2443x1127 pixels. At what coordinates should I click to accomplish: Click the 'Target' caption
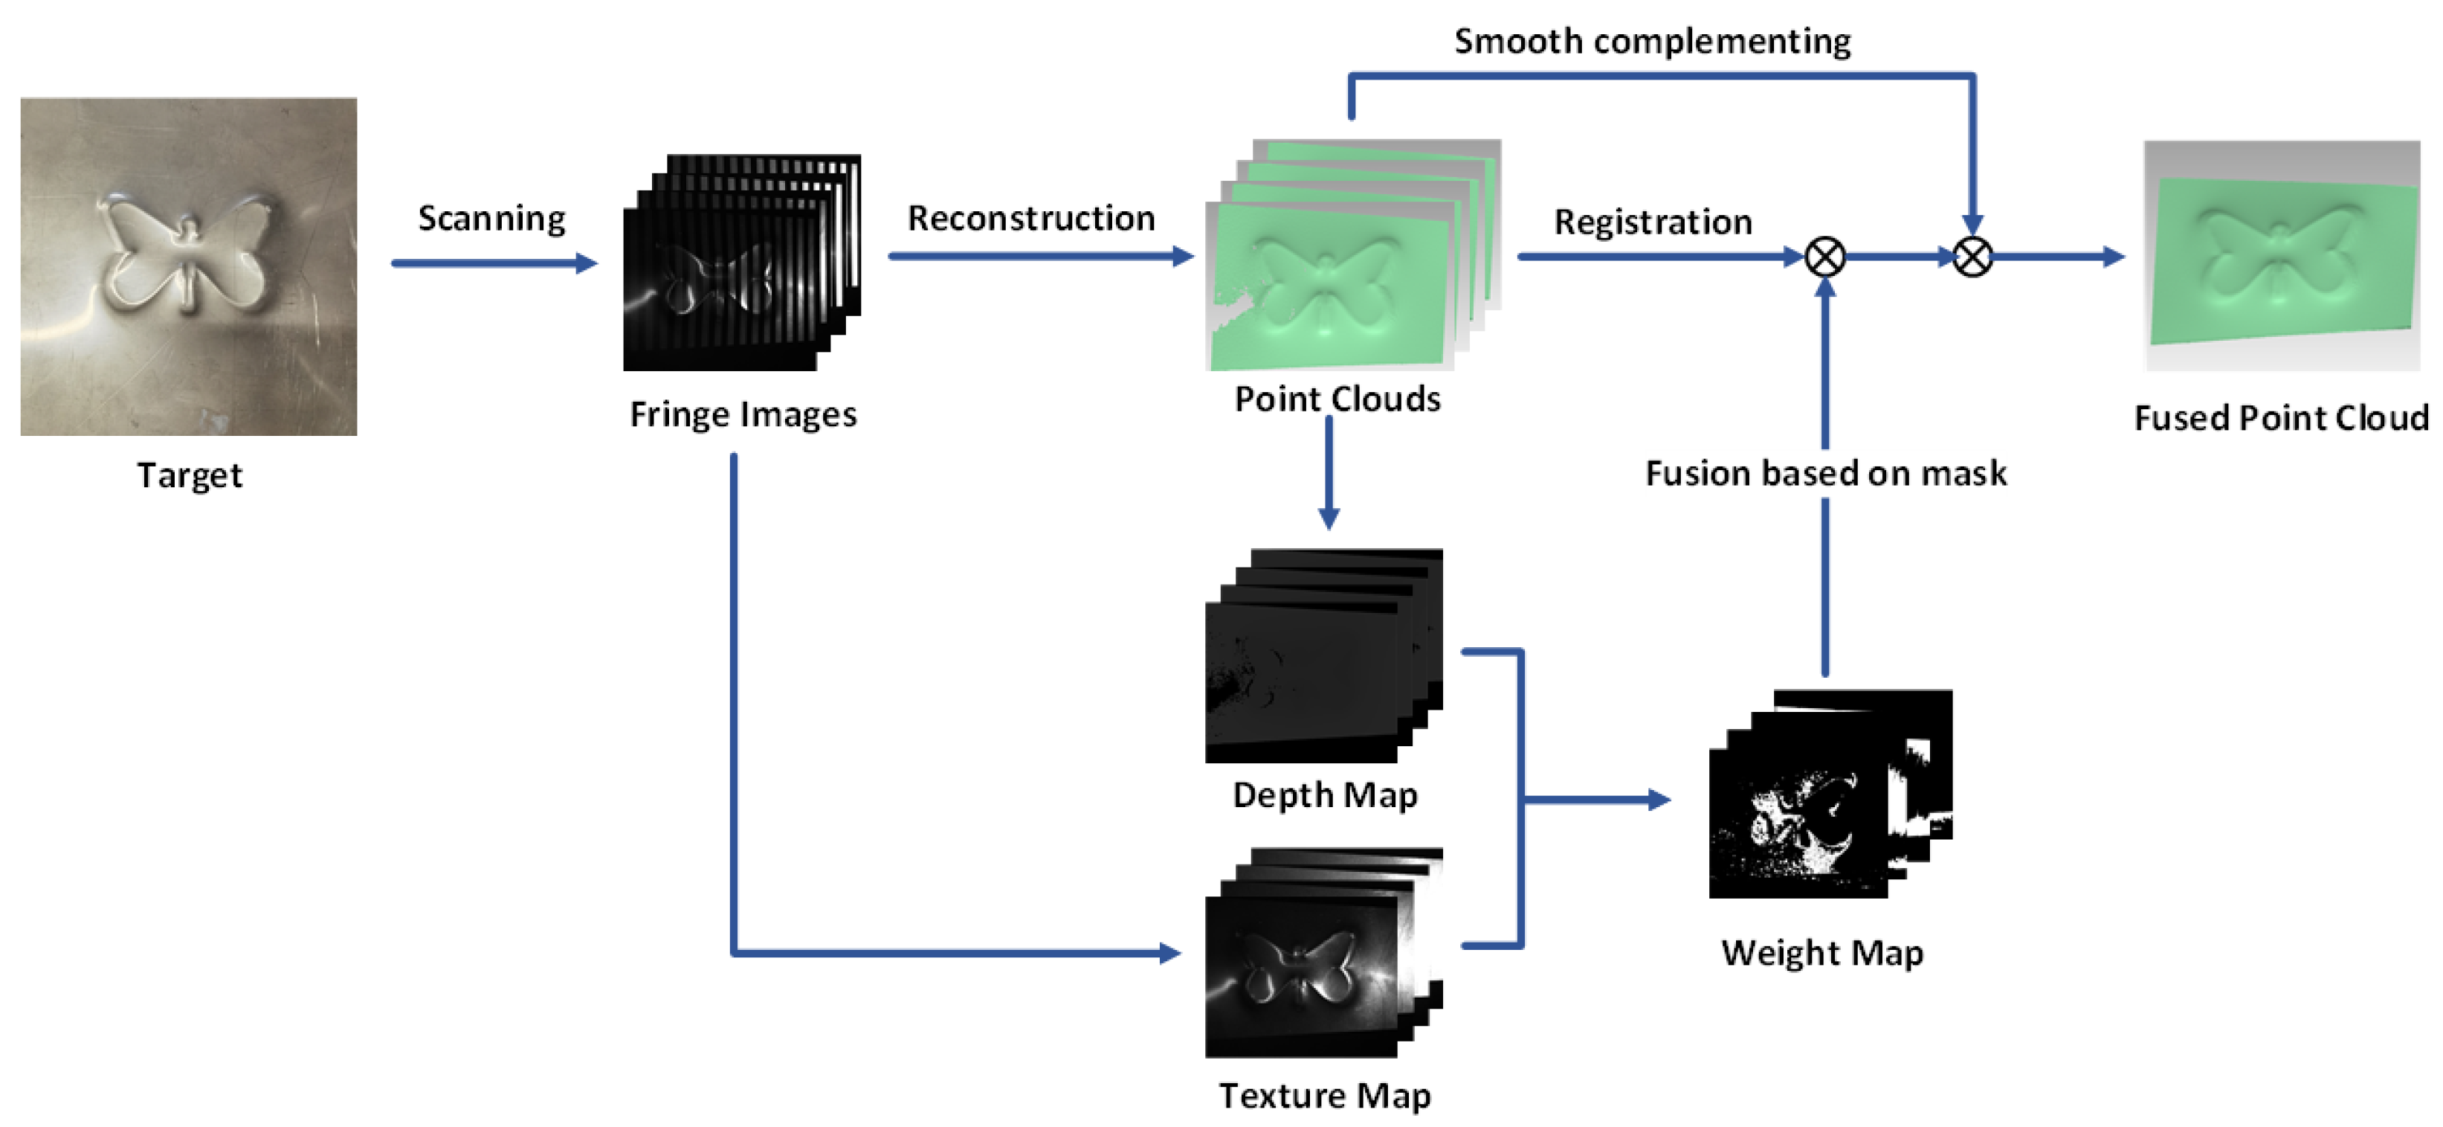pos(190,475)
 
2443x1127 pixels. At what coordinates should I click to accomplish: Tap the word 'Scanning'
pos(491,218)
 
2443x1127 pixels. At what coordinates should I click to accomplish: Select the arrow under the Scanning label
pos(493,263)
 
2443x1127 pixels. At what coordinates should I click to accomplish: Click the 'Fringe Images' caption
pos(743,414)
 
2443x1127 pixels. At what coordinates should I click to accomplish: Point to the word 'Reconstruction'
pos(1031,218)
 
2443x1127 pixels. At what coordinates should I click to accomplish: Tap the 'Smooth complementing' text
pos(1651,42)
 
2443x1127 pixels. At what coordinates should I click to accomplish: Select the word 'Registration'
pos(1652,222)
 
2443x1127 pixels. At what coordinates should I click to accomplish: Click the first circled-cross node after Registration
pos(1824,256)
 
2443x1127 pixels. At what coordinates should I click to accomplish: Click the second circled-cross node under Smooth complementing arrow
pos(1972,256)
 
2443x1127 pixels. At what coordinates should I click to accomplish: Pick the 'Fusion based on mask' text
pos(1824,473)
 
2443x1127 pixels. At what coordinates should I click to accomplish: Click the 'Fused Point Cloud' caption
pos(2281,418)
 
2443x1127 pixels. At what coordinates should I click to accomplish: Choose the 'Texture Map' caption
pos(1324,1096)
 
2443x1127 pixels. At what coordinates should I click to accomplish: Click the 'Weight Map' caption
pos(1821,952)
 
